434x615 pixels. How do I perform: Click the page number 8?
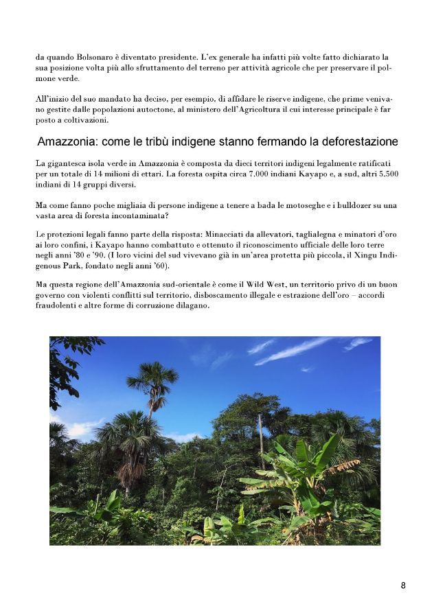tap(403, 585)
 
